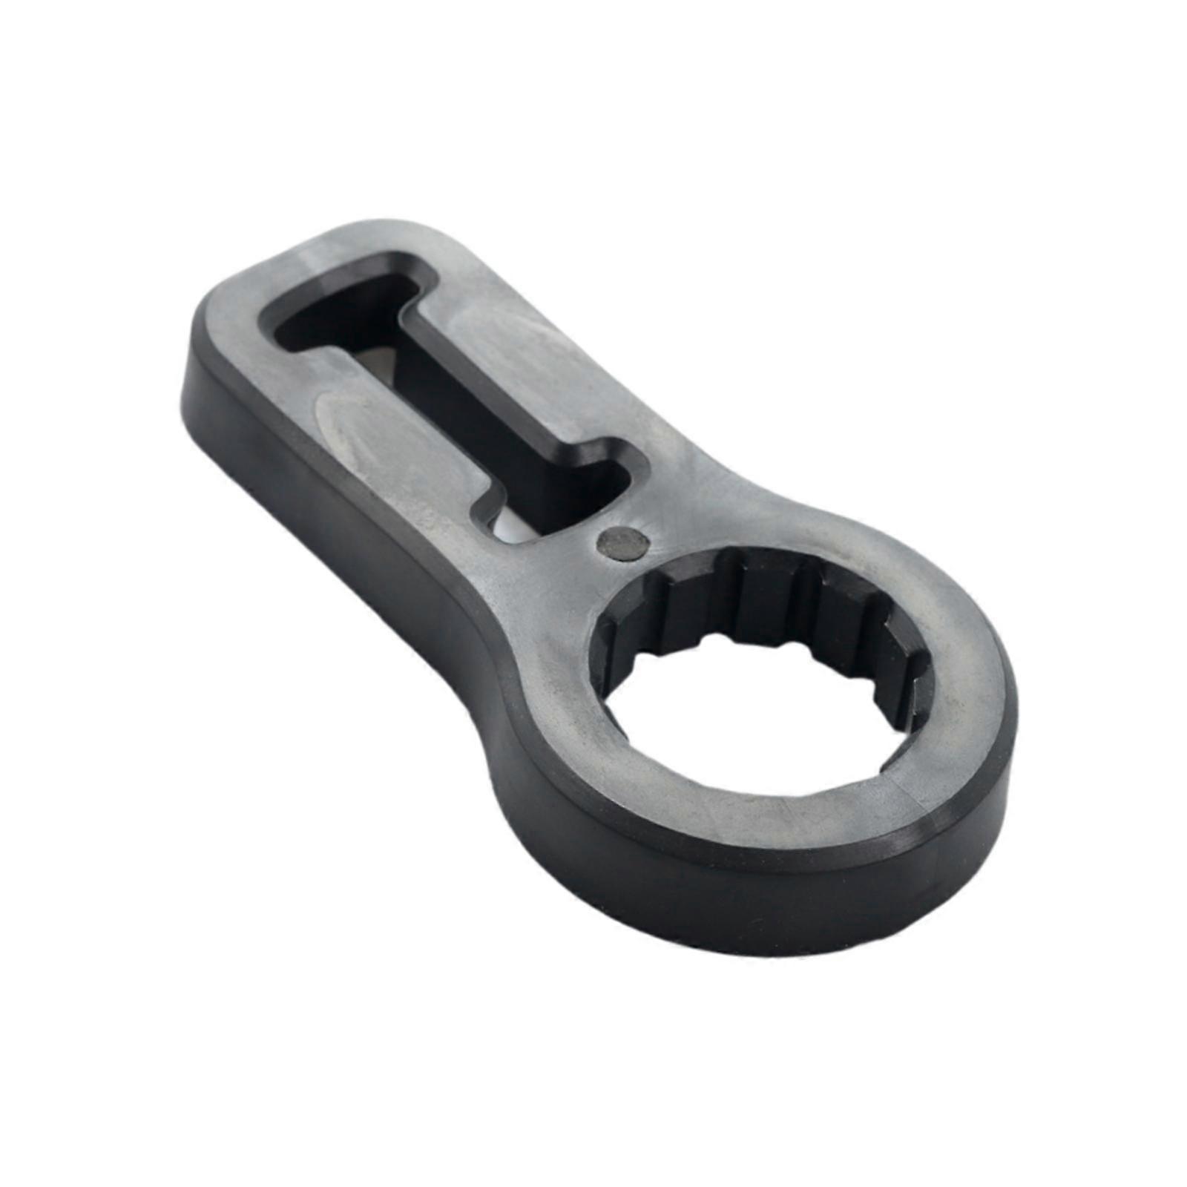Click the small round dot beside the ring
[x=622, y=542]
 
